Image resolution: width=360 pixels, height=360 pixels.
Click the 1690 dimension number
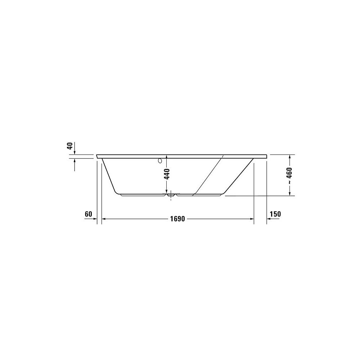[x=177, y=219]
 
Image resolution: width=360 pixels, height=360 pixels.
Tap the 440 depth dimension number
[x=167, y=174]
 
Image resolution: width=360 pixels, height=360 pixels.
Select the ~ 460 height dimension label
[x=289, y=175]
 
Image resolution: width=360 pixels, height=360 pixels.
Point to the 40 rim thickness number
[x=70, y=146]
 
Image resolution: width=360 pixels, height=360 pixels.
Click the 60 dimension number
[x=89, y=214]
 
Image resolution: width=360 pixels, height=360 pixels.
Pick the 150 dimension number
[x=275, y=214]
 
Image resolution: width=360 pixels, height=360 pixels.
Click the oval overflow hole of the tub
[x=160, y=161]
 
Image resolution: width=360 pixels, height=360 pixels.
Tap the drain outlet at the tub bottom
[x=171, y=195]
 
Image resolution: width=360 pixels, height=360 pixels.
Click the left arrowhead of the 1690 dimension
[x=104, y=219]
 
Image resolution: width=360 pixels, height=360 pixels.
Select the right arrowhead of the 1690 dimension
[x=252, y=219]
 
